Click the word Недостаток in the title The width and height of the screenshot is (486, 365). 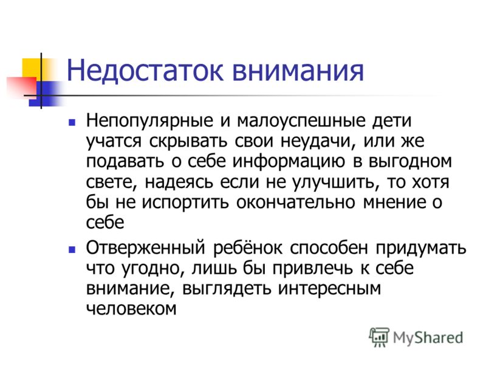coord(145,71)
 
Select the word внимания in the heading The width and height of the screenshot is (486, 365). coord(298,71)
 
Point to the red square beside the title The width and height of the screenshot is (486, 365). coord(22,88)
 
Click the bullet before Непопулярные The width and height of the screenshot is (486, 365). coord(72,122)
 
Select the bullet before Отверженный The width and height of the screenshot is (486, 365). coord(72,249)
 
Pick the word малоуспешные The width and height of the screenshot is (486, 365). coord(301,121)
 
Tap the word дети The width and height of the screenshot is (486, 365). coord(392,120)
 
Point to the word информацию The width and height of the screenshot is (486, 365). coord(289,162)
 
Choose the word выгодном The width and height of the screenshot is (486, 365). coord(411,162)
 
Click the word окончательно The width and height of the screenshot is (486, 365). coord(296,203)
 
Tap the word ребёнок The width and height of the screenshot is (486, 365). coord(248,248)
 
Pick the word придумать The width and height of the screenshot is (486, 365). coord(421,249)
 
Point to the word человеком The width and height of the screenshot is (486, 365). coord(131,309)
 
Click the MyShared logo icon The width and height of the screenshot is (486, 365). coord(378,337)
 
